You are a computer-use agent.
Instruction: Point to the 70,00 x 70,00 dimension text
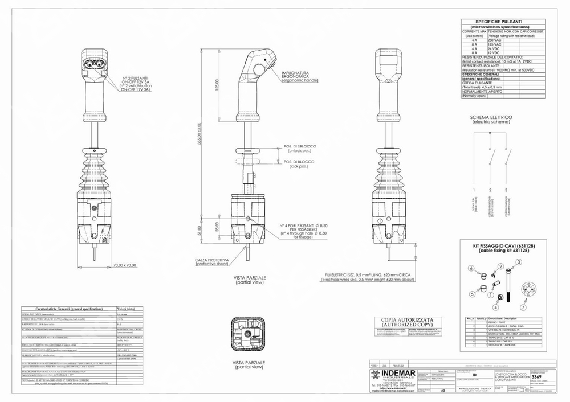(x=125, y=265)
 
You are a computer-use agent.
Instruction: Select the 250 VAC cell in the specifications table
(x=494, y=40)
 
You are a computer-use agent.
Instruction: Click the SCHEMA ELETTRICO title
(x=491, y=118)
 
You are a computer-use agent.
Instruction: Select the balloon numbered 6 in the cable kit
(x=471, y=268)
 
